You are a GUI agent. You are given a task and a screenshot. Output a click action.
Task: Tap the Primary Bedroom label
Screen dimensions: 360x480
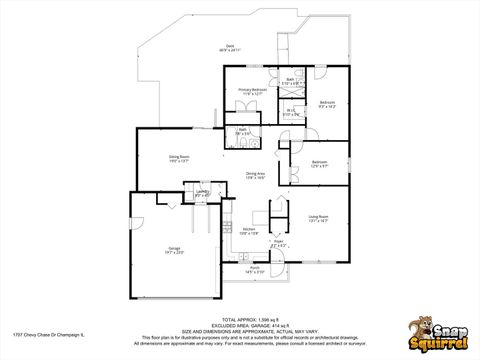click(x=251, y=90)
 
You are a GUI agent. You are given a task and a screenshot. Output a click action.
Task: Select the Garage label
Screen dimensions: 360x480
click(x=174, y=250)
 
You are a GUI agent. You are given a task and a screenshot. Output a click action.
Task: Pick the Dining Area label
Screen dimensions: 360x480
click(x=255, y=174)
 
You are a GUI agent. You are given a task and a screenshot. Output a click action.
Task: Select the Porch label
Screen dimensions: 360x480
click(x=255, y=269)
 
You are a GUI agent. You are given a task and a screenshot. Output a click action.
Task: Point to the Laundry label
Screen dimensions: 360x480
click(x=202, y=193)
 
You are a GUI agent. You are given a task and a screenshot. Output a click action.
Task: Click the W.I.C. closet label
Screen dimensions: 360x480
click(x=290, y=112)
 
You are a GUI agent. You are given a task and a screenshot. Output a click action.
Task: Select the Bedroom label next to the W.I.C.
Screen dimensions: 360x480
click(x=327, y=103)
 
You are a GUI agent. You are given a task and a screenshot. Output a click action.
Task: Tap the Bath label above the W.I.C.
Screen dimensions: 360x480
click(x=290, y=80)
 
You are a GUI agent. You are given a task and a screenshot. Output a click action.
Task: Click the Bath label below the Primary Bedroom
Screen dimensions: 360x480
click(x=242, y=130)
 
